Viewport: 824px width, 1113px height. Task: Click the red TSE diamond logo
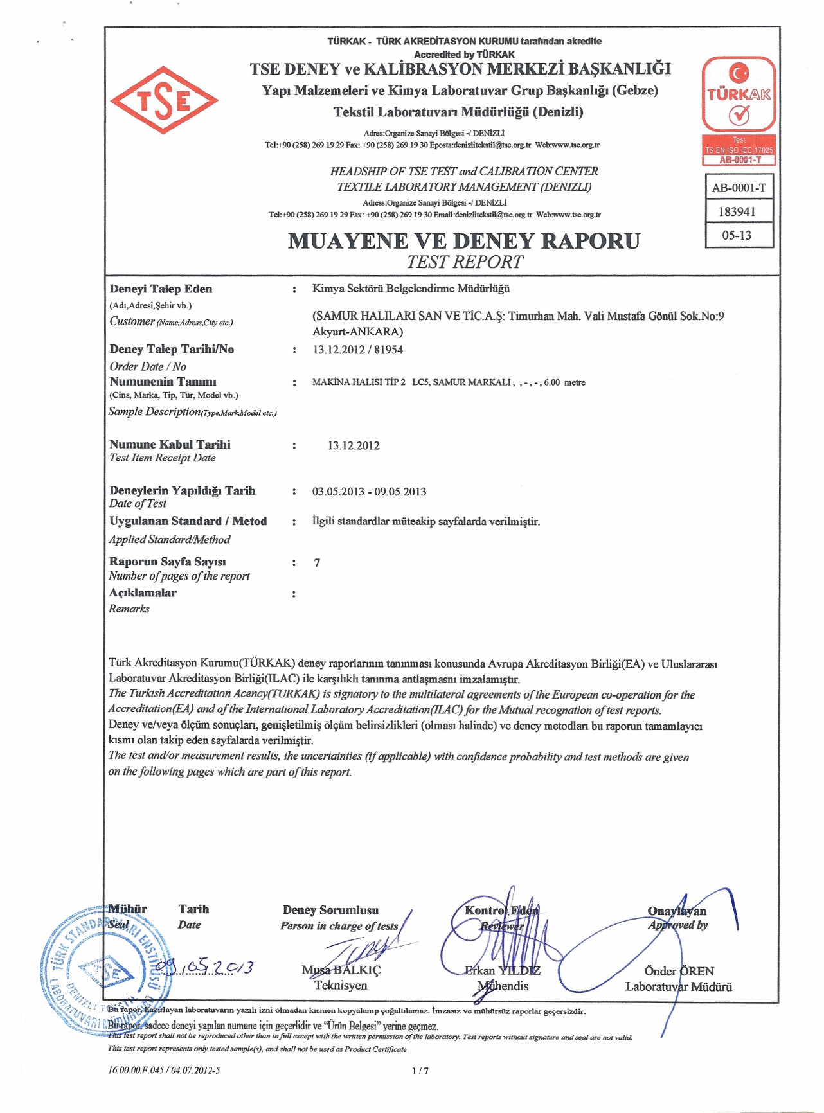tap(164, 100)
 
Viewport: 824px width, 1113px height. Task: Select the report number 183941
tap(737, 211)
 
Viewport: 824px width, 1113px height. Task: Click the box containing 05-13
tap(737, 235)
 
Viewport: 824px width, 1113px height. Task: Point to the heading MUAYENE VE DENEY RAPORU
tap(463, 241)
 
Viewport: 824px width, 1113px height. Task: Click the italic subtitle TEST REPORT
tap(465, 262)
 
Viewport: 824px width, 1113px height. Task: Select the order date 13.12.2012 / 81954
tap(357, 350)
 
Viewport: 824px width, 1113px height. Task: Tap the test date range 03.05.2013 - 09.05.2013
tap(369, 492)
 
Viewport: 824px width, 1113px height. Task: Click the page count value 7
tap(317, 563)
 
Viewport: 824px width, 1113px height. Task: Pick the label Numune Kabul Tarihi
tap(170, 444)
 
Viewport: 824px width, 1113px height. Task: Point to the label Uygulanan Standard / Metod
tap(188, 521)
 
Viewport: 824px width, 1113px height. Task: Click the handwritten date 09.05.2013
tap(208, 966)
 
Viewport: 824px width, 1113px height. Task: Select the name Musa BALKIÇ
tap(341, 970)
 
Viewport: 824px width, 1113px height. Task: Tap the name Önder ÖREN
tap(679, 971)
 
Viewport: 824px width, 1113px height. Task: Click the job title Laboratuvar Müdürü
tap(679, 986)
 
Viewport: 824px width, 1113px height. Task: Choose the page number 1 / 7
tap(420, 1071)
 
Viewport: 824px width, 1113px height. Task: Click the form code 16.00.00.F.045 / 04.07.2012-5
tap(164, 1070)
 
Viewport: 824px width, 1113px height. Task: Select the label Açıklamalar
tap(143, 593)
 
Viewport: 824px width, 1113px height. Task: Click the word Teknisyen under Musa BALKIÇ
tap(341, 985)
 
